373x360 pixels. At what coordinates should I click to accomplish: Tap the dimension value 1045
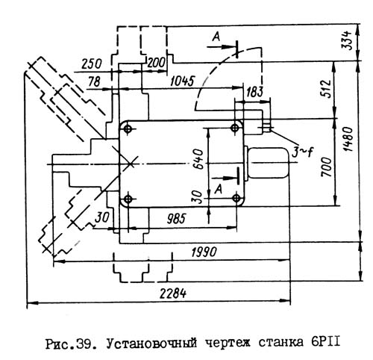pos(184,81)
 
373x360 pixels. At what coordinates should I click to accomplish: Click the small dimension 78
pos(94,81)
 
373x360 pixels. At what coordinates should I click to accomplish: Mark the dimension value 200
pos(156,62)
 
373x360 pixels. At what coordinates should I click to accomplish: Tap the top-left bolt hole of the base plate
pos(129,129)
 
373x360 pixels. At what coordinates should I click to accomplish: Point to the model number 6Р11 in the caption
pos(323,343)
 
